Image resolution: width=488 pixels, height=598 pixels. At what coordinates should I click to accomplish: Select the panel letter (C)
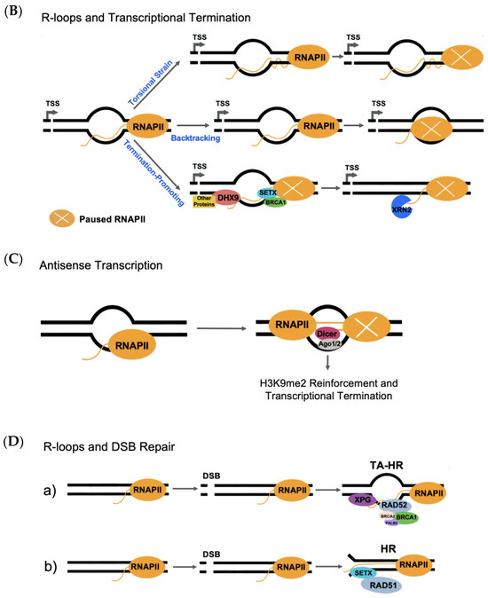click(16, 253)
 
